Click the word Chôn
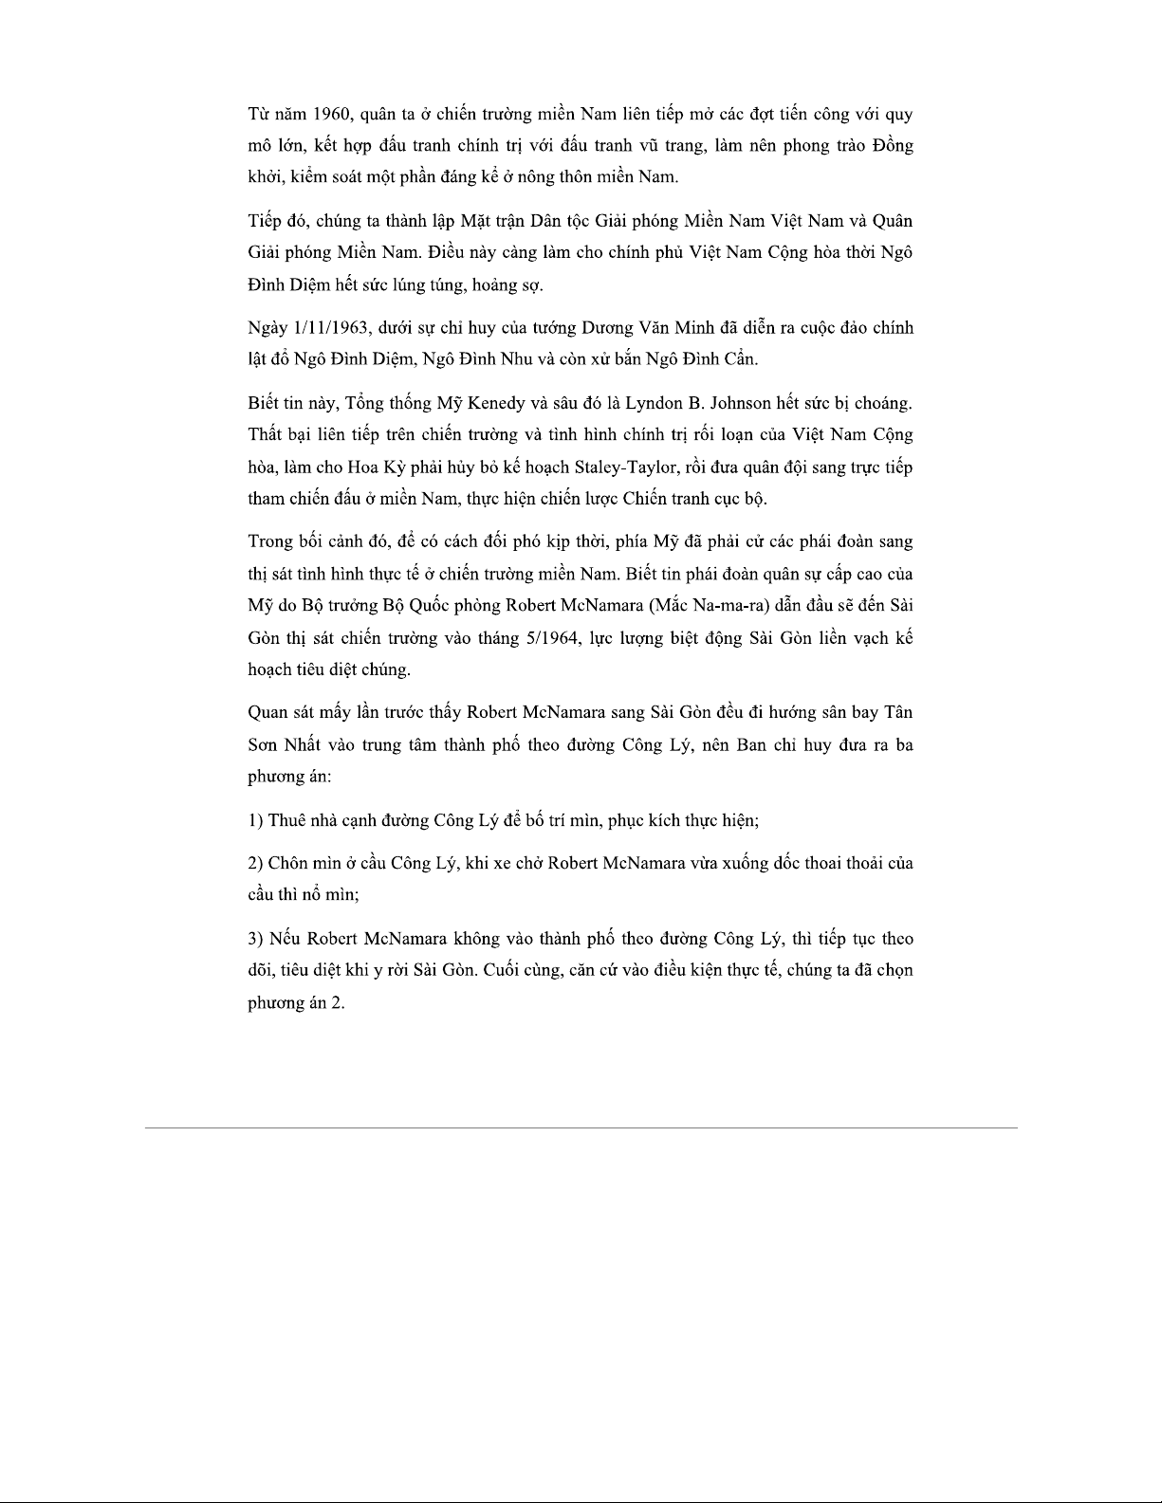[x=289, y=863]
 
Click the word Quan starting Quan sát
[x=267, y=712]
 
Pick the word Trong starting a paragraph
[x=270, y=541]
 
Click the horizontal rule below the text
[x=581, y=1127]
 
